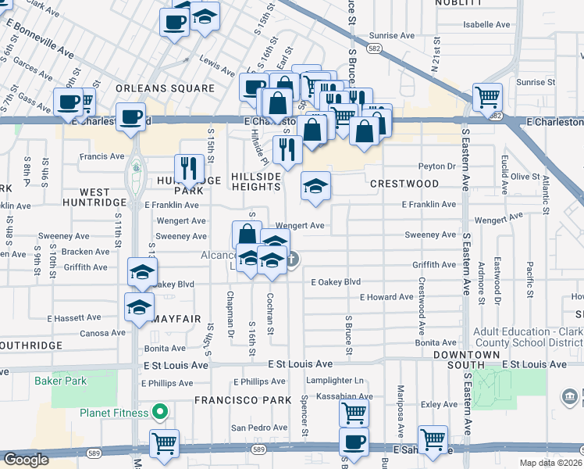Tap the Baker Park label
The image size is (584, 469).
pos(61,381)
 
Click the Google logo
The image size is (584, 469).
pos(27,460)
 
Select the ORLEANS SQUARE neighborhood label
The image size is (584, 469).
pos(165,88)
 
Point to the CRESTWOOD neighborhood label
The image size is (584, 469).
pos(404,184)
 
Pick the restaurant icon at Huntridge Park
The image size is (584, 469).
pos(189,166)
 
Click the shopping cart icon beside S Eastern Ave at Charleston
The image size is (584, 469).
pos(487,97)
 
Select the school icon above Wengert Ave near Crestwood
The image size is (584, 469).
pos(315,185)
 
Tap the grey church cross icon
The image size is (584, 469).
pos(291,259)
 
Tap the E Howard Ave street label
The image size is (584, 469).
pos(386,297)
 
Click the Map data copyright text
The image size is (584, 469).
pos(550,463)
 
